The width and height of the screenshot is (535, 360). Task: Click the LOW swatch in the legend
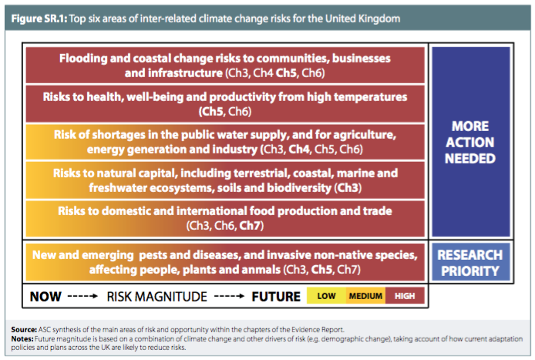click(327, 296)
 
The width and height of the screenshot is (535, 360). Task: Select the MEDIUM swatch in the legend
click(365, 296)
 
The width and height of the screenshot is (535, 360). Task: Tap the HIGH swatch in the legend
click(405, 296)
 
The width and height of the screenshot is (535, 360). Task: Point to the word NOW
click(45, 297)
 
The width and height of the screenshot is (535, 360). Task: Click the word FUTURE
click(276, 297)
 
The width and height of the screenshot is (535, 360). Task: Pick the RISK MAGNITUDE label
click(157, 297)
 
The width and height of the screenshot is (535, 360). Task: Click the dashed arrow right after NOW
click(83, 296)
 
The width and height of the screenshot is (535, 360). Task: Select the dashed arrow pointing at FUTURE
click(229, 296)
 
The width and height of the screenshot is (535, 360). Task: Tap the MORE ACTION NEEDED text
click(470, 143)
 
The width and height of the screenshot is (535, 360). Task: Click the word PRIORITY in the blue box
click(470, 271)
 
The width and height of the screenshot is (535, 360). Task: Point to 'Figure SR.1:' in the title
click(39, 19)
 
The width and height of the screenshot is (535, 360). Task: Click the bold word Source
click(24, 330)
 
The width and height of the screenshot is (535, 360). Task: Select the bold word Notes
click(22, 339)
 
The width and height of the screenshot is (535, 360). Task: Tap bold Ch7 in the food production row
click(250, 226)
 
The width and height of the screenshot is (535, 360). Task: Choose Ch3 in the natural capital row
click(348, 187)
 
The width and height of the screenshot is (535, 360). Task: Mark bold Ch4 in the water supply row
click(299, 149)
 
